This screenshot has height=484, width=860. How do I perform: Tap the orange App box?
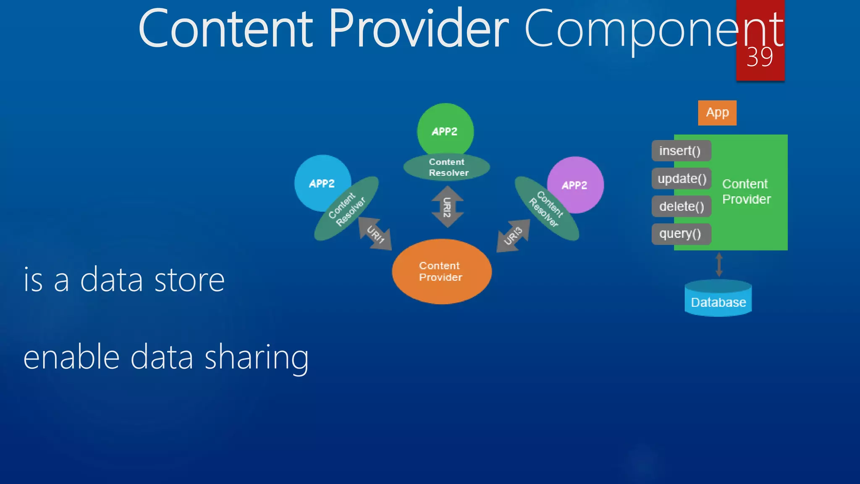tap(717, 113)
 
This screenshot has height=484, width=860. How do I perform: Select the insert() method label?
tap(681, 151)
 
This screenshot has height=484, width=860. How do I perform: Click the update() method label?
tap(682, 179)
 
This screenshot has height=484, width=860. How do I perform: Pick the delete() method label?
tap(681, 206)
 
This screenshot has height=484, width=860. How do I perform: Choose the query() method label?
tap(681, 234)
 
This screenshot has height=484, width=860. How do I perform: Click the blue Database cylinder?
tap(718, 299)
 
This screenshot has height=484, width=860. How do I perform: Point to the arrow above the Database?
tap(719, 265)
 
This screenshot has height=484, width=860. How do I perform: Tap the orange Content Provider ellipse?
tap(441, 271)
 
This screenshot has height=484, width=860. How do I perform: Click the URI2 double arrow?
tap(448, 207)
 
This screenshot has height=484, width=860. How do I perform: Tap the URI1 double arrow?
tap(375, 234)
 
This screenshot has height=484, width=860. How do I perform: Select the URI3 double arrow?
tap(513, 236)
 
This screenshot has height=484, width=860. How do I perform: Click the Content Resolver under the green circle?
tap(447, 167)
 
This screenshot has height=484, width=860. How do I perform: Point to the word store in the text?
tap(189, 280)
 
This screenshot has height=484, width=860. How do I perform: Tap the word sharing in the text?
tap(257, 357)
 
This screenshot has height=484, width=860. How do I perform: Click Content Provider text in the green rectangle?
tap(746, 192)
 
